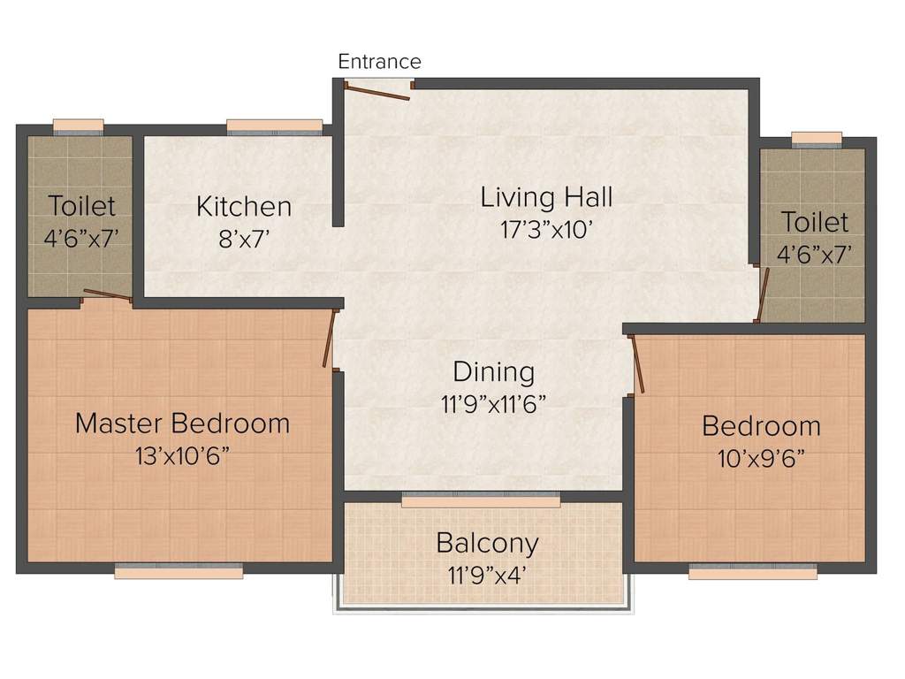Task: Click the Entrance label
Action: tap(379, 62)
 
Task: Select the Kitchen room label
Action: tap(244, 207)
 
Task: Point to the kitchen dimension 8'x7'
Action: tap(244, 238)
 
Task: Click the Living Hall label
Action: tap(546, 196)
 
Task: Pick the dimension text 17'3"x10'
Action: tap(546, 229)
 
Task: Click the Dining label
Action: tap(494, 371)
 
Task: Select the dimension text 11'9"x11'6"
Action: tap(494, 404)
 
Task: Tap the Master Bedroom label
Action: tap(182, 423)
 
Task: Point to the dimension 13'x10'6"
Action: tap(182, 455)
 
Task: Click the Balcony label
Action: tap(487, 542)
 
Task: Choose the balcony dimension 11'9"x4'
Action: tap(487, 573)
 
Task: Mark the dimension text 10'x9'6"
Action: tap(761, 458)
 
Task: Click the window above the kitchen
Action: tap(275, 126)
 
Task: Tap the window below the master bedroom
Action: tap(179, 573)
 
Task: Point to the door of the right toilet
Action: tap(764, 294)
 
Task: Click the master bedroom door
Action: tap(330, 337)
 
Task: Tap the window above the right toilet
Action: tap(817, 138)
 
